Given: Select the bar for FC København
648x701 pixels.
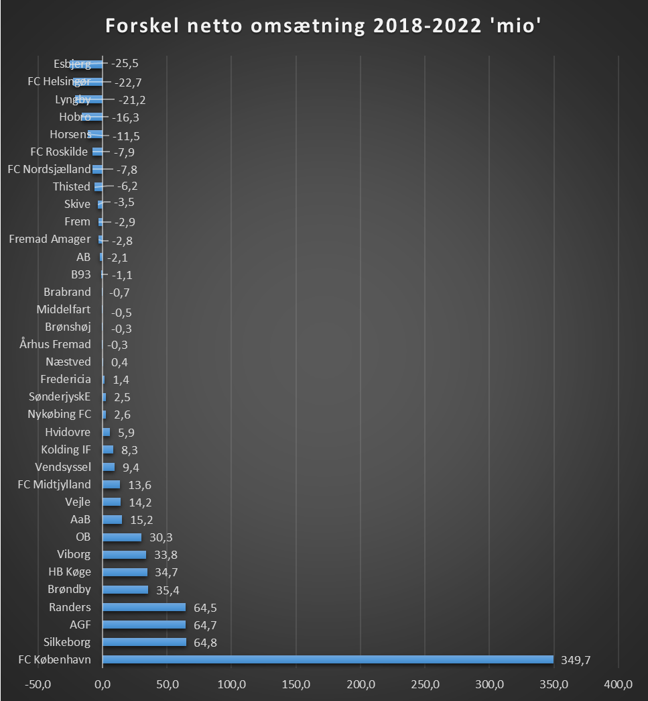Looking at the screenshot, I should point(328,659).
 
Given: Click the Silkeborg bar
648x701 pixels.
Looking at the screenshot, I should point(144,642).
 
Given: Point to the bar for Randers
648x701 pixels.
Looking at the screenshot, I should point(143,607).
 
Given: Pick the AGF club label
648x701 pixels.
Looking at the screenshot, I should point(80,625).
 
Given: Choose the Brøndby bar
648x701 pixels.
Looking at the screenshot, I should point(125,590).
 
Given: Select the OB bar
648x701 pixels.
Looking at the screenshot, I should point(121,537).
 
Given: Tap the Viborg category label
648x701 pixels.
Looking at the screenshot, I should point(74,554).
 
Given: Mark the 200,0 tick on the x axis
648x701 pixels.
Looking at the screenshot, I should point(361,684).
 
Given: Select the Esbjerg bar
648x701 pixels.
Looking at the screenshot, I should point(86,64).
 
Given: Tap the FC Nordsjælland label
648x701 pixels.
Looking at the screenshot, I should point(49,169).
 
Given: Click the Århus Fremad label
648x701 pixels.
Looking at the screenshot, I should point(56,344).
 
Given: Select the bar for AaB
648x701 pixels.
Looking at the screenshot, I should point(112,519).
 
